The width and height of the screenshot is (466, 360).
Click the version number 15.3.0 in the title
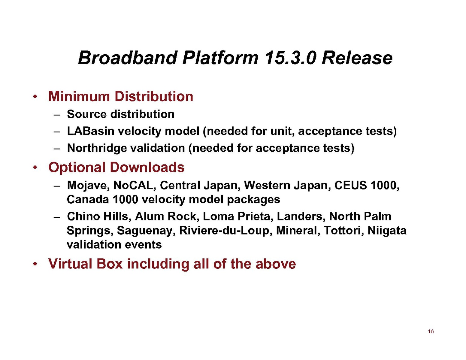point(290,58)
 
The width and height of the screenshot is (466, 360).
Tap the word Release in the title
point(357,58)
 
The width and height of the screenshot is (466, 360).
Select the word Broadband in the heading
point(127,58)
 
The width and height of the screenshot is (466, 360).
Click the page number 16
point(431,331)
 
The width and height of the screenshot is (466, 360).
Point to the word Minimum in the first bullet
point(79,96)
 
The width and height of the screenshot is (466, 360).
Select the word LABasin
point(90,131)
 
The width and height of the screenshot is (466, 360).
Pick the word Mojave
point(88,186)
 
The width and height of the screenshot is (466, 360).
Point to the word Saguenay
point(146,231)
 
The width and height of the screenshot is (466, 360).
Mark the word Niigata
point(387,231)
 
